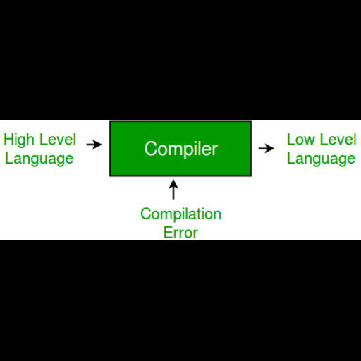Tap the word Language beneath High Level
coord(39,158)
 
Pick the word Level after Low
coord(338,140)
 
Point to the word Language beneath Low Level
coord(321,158)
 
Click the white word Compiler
coord(181,149)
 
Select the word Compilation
coord(180,214)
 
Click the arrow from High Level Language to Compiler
coord(94,145)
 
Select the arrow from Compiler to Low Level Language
coord(266,149)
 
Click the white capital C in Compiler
coord(150,149)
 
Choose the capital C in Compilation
coord(146,213)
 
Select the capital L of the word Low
coord(290,139)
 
